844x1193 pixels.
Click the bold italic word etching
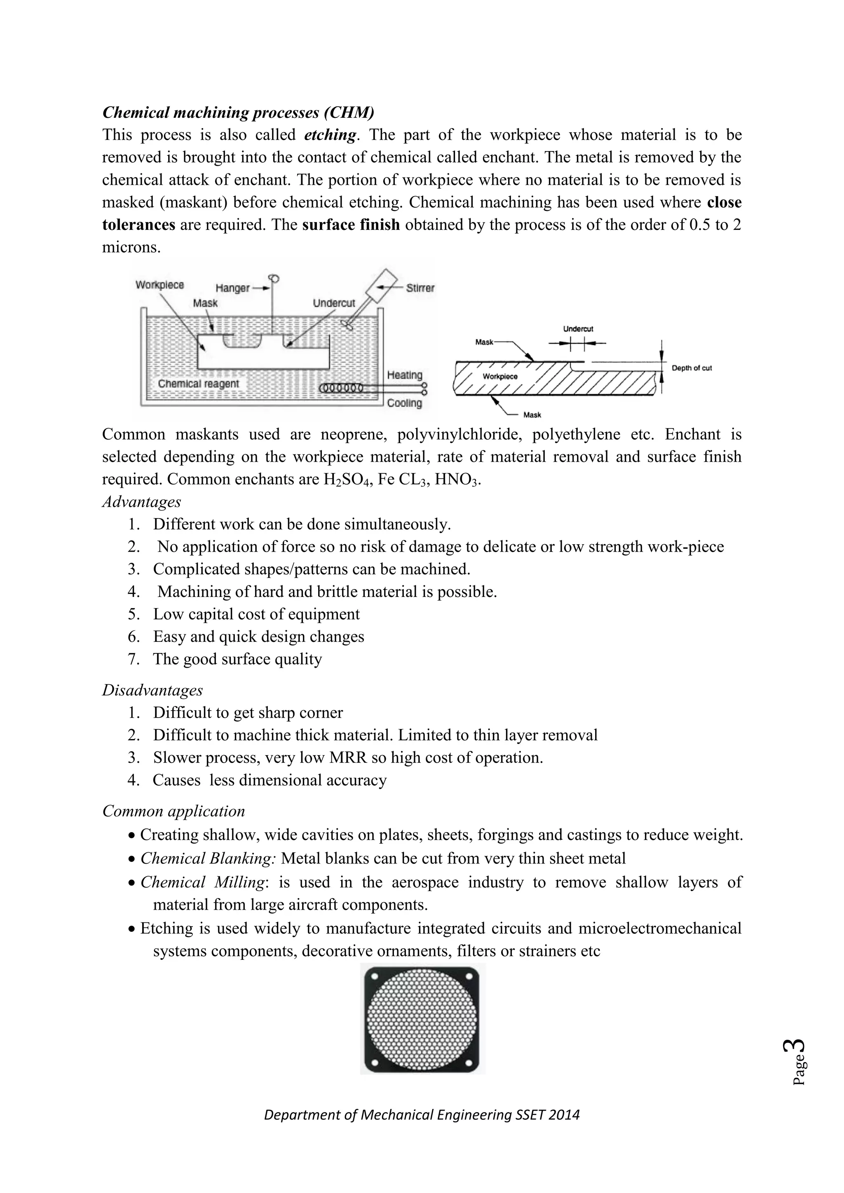[331, 136]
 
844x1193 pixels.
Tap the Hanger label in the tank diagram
[232, 288]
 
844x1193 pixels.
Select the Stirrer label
[420, 288]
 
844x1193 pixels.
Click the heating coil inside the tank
[340, 388]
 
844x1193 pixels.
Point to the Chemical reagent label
[199, 384]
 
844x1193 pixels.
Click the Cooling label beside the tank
[404, 403]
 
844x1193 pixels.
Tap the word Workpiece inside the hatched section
[500, 376]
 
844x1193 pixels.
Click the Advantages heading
[141, 502]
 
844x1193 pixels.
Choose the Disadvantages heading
[152, 690]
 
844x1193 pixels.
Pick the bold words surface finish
[351, 225]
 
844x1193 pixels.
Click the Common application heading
[173, 811]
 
